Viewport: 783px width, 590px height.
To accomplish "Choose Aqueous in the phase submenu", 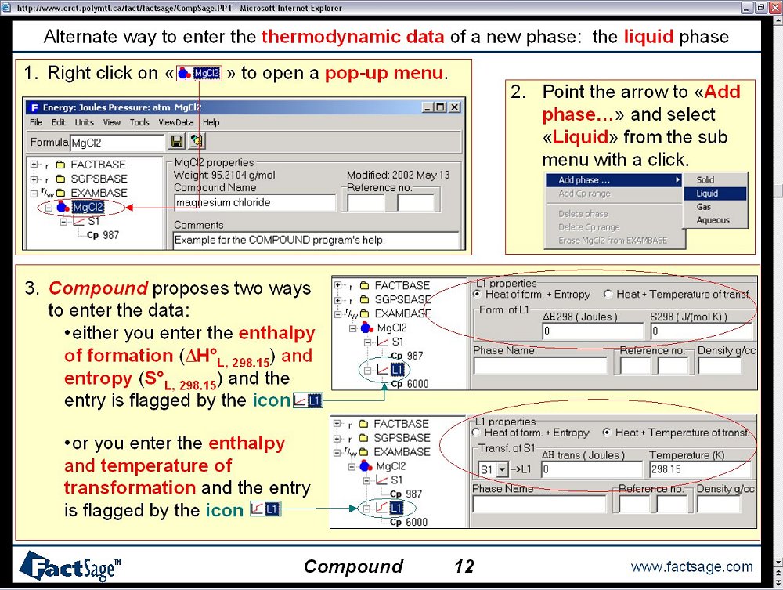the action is (x=713, y=220).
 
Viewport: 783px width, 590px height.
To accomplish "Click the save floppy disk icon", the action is (x=177, y=141).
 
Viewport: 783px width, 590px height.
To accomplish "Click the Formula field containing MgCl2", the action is (x=117, y=143).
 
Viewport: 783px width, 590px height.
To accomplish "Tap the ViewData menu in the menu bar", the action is (x=175, y=122).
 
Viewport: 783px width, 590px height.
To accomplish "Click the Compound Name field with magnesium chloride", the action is (x=255, y=203).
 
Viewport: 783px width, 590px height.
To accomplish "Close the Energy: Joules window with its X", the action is (x=454, y=107).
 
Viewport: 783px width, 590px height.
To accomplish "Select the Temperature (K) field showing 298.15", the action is (x=699, y=469).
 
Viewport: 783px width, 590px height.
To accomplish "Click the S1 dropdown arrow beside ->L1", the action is (x=503, y=469).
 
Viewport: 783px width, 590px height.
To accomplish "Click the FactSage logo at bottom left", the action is (x=70, y=566).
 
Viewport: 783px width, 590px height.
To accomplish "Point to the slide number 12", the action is (x=464, y=566).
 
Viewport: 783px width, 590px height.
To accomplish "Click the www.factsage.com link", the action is (x=691, y=566).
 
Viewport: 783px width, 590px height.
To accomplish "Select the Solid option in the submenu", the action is (x=705, y=180).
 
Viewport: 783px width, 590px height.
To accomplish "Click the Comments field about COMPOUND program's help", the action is (x=316, y=240).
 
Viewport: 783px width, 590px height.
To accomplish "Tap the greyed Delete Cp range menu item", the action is (x=589, y=227).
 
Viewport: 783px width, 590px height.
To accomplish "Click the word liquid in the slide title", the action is (x=648, y=37).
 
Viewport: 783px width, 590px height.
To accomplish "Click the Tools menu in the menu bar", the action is (x=139, y=122).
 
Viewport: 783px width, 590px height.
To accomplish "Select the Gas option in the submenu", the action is (x=704, y=207).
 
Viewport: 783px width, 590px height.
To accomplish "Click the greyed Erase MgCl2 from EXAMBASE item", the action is (x=613, y=241).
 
